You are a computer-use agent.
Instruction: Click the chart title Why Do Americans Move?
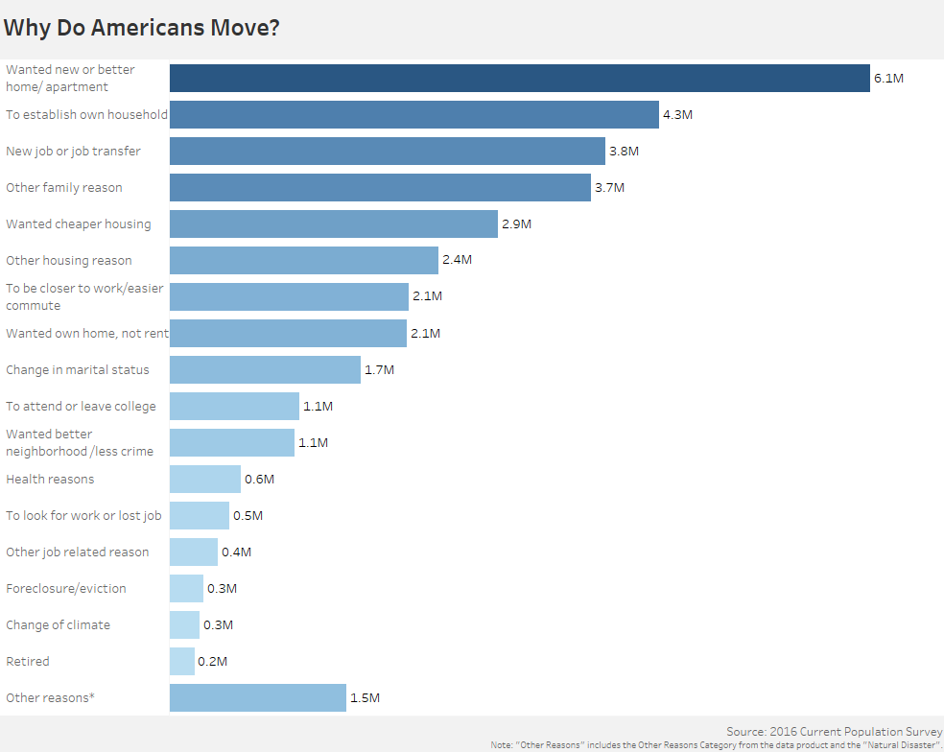[142, 27]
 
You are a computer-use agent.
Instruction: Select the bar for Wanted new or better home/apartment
[519, 79]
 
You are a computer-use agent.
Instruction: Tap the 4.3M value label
[677, 115]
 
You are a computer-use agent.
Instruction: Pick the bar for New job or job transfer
[388, 152]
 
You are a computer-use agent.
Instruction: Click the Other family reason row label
[64, 188]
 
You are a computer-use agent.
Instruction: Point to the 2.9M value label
[516, 224]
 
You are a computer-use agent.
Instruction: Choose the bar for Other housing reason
[304, 261]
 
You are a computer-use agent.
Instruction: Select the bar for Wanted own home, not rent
[288, 334]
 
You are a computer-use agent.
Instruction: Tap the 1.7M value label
[379, 370]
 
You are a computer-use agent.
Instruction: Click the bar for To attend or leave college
[234, 407]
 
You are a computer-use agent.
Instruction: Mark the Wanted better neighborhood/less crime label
[80, 442]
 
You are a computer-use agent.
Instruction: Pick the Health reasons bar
[205, 480]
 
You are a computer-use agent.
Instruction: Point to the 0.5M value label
[248, 516]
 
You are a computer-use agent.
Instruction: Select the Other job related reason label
[78, 552]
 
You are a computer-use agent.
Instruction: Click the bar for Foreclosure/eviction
[186, 589]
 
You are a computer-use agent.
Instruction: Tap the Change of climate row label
[59, 625]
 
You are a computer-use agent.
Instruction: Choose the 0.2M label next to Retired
[213, 662]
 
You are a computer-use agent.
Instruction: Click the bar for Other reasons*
[257, 698]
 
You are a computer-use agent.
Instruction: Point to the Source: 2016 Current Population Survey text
[834, 732]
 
